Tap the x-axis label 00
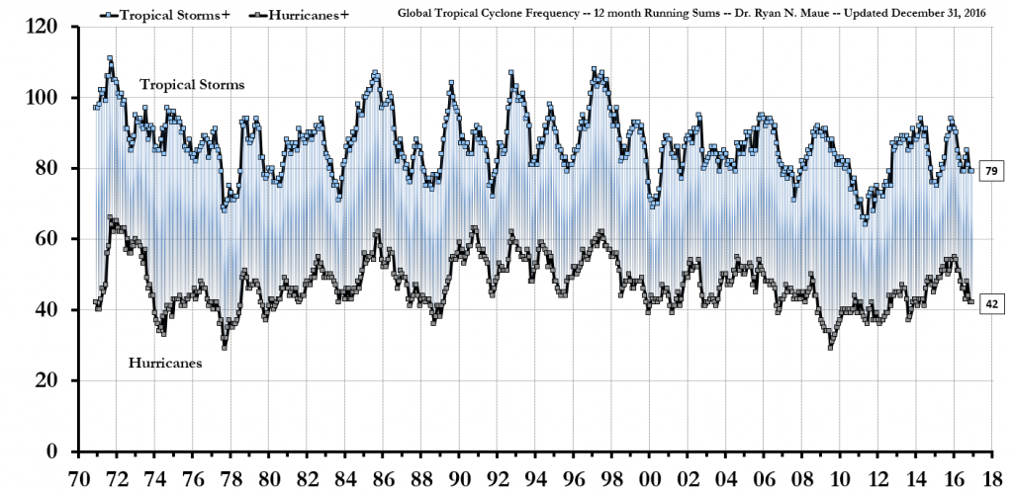tap(649, 478)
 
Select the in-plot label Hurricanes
tap(165, 364)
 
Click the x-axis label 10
tap(839, 478)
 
